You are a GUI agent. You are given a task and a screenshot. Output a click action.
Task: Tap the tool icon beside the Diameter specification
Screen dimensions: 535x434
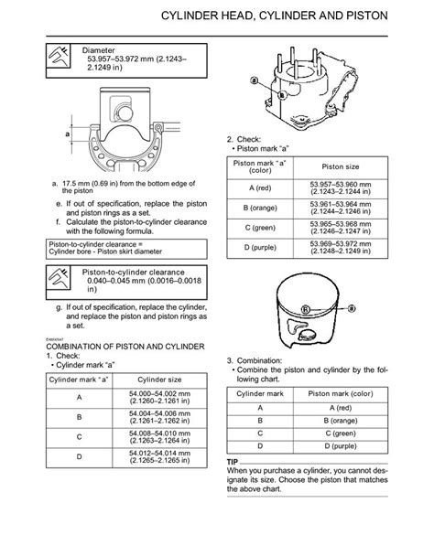coord(60,59)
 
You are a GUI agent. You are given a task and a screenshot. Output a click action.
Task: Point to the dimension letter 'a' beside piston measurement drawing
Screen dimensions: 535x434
coord(67,134)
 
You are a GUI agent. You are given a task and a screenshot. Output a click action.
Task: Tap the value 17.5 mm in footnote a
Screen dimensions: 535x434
coord(71,181)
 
